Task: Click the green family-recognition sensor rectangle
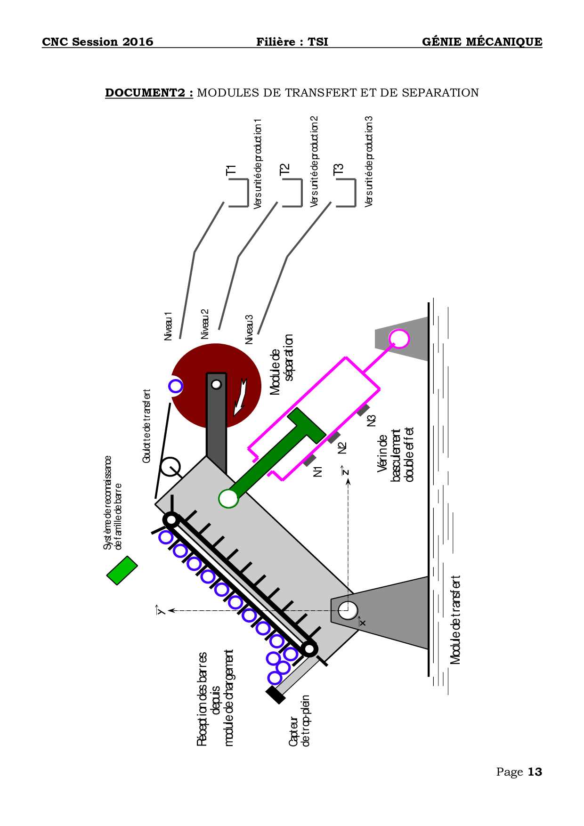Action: (x=122, y=570)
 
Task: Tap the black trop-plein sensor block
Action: (x=276, y=695)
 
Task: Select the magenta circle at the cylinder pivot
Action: (x=399, y=339)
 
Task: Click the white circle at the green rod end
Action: (x=228, y=498)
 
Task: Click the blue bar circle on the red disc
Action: (x=176, y=386)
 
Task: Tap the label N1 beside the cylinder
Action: (x=318, y=471)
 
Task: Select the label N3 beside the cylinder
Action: (x=372, y=421)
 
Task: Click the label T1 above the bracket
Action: (x=231, y=170)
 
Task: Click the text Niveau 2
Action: (x=205, y=324)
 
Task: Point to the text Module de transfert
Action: (x=455, y=620)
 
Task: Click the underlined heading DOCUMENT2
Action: (x=149, y=93)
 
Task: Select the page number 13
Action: (x=535, y=772)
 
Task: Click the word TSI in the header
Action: (x=318, y=42)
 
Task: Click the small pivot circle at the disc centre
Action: (x=216, y=384)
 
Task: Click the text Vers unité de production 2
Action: (x=314, y=162)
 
